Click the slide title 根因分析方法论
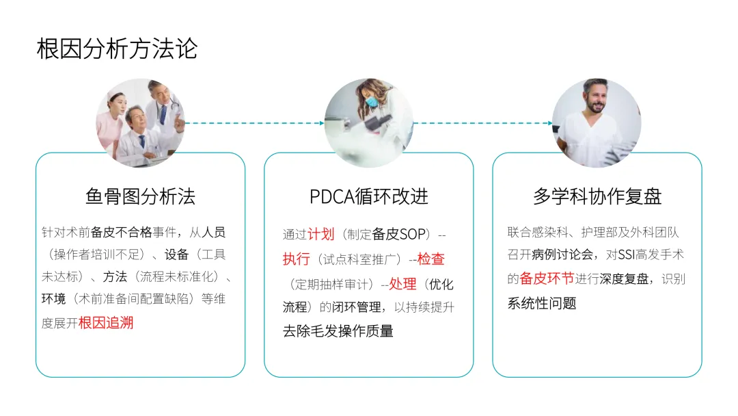tap(117, 49)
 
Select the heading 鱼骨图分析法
tap(140, 197)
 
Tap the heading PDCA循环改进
tap(368, 197)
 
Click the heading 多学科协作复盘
tap(597, 197)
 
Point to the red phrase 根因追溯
tap(106, 323)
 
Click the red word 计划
tap(320, 234)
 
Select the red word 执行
tap(296, 259)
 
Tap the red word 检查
tap(430, 259)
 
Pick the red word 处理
tap(402, 284)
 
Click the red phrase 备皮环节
tap(547, 278)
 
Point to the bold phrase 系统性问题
tap(541, 303)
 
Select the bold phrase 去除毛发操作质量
tap(338, 332)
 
